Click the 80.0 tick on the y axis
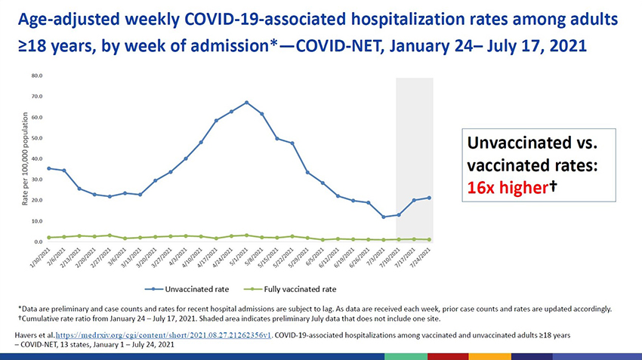[x=37, y=76]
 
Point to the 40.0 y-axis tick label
[x=37, y=159]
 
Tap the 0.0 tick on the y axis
[x=39, y=242]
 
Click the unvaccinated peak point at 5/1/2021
[x=246, y=103]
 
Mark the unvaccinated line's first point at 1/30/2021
[x=49, y=168]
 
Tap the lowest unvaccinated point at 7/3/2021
[x=384, y=217]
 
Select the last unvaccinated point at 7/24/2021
[x=429, y=198]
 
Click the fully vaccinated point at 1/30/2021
[x=49, y=238]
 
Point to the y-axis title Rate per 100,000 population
[x=26, y=158]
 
